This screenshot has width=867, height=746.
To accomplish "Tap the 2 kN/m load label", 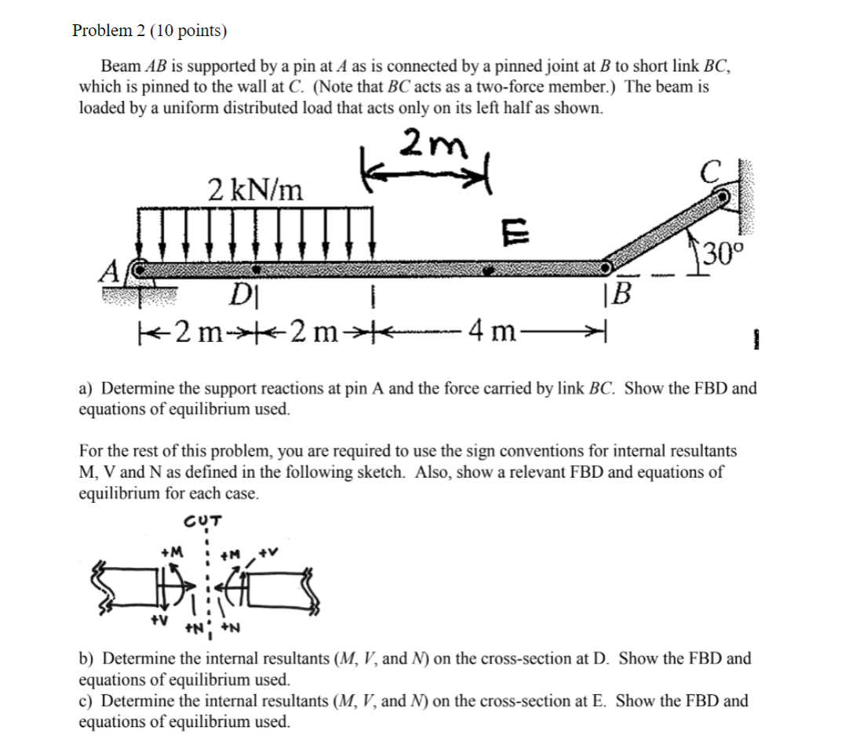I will (x=256, y=188).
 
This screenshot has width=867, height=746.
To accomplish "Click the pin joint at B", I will (x=607, y=268).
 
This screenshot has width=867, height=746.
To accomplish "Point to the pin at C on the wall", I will (x=721, y=198).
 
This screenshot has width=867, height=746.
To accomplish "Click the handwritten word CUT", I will (x=202, y=521).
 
